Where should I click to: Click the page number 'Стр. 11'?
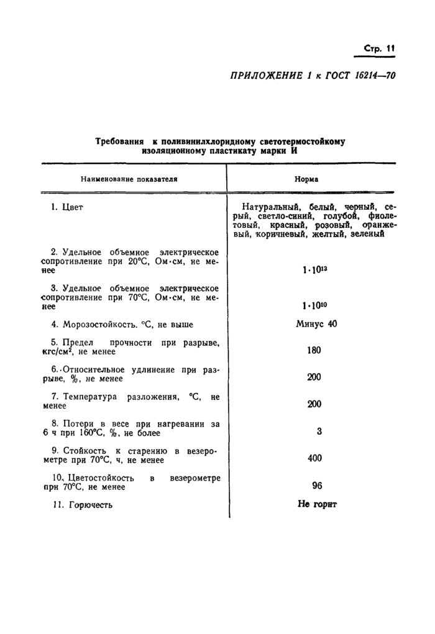379,49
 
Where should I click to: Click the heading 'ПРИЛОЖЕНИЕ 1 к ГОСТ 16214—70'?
313,76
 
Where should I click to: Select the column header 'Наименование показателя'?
129,179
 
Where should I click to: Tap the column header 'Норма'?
306,179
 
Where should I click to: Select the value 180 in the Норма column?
314,350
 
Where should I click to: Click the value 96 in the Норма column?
314,486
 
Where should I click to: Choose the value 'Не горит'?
317,505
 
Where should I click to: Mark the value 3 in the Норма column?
319,431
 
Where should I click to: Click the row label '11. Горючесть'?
82,505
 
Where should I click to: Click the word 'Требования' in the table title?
119,142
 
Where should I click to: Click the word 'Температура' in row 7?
91,396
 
